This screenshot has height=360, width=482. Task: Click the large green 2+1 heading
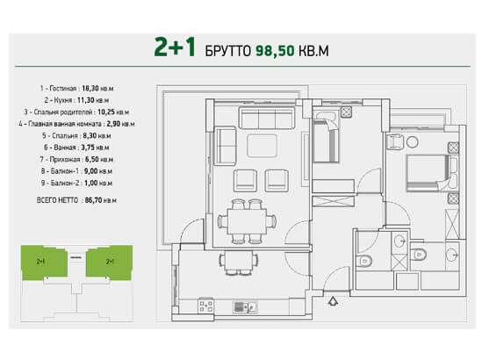click(x=175, y=47)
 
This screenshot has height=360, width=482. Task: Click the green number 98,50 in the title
click(x=275, y=51)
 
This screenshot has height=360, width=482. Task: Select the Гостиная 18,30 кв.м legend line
click(x=76, y=89)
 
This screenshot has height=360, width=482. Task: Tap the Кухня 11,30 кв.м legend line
click(x=76, y=100)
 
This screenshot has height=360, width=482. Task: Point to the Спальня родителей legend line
click(x=76, y=112)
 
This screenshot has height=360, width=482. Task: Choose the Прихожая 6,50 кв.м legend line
click(x=76, y=159)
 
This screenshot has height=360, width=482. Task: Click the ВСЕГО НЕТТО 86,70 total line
click(x=76, y=200)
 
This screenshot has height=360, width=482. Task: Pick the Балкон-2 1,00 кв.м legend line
click(x=76, y=183)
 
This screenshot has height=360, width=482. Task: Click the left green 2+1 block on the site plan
click(x=44, y=262)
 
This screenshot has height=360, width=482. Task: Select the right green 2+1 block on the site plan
click(x=109, y=262)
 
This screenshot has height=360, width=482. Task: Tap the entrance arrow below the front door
click(x=334, y=301)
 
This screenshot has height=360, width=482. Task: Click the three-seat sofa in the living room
click(x=267, y=118)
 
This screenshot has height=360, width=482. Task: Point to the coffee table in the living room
click(x=262, y=146)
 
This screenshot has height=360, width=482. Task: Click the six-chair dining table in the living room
click(x=247, y=221)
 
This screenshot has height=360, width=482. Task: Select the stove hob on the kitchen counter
click(x=205, y=306)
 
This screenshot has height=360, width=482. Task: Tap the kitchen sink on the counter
click(x=245, y=306)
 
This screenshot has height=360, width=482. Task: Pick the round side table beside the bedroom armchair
click(x=413, y=142)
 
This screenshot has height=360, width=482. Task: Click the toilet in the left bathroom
click(x=365, y=261)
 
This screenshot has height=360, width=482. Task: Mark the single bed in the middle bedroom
click(x=326, y=140)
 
